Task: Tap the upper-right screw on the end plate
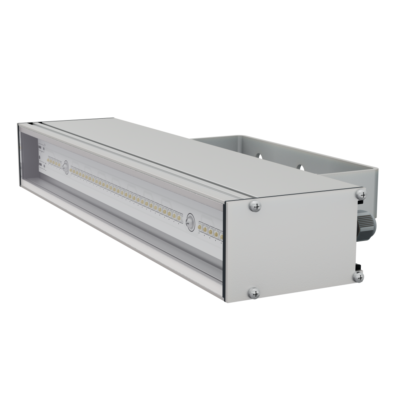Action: (x=361, y=194)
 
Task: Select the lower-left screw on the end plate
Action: (x=255, y=292)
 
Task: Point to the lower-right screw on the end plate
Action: (x=358, y=276)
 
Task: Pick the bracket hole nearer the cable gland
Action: (x=301, y=167)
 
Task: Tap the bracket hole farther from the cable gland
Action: (x=259, y=156)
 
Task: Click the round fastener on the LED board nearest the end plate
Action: (x=191, y=221)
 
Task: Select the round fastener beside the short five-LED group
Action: (x=65, y=167)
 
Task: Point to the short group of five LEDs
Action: (x=54, y=162)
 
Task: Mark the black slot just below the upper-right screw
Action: (x=359, y=202)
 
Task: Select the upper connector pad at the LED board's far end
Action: (x=42, y=149)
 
